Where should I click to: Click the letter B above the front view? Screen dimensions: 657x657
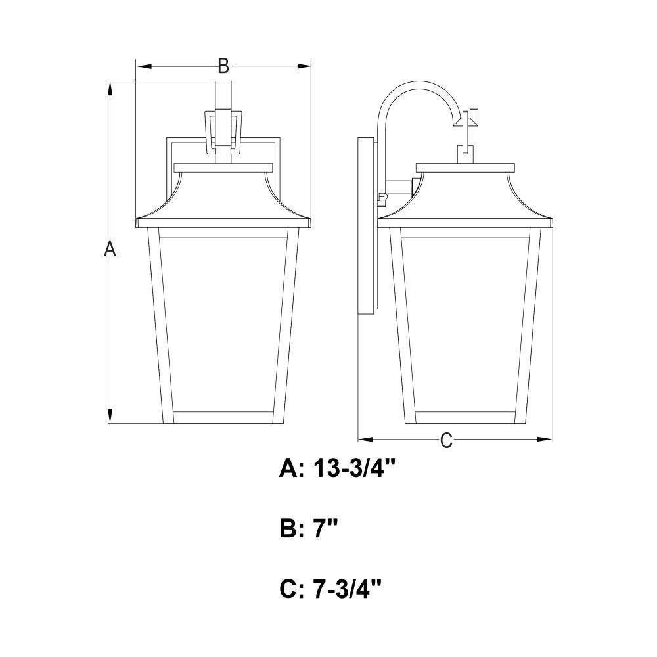coord(223,66)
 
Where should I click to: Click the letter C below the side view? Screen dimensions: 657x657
coord(446,440)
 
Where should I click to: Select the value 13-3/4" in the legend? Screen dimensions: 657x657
coord(355,468)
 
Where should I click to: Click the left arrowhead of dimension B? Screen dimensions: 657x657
coord(143,66)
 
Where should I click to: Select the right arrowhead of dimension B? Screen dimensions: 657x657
coord(304,66)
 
